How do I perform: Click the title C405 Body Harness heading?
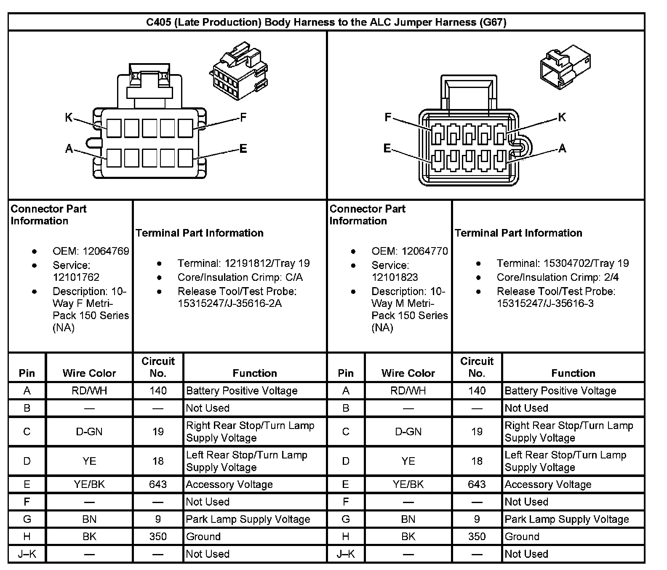pos(326,22)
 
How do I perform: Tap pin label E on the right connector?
pos(387,148)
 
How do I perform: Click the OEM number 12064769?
pos(106,251)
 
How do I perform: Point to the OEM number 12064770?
pos(424,251)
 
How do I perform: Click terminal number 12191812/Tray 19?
pos(267,264)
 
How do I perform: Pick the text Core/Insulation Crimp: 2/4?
pos(558,277)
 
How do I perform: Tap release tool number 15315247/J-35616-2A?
pos(229,303)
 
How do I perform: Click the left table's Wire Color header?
pos(89,373)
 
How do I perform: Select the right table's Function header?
pos(573,373)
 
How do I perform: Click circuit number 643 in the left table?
pos(158,485)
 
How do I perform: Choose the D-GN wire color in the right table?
pos(408,431)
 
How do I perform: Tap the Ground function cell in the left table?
pos(203,537)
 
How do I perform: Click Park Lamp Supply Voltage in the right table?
pos(566,519)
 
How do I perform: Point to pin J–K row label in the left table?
pos(27,554)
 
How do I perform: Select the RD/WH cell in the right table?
pos(408,391)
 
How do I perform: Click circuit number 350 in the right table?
pos(477,537)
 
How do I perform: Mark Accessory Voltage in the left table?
pos(229,485)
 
